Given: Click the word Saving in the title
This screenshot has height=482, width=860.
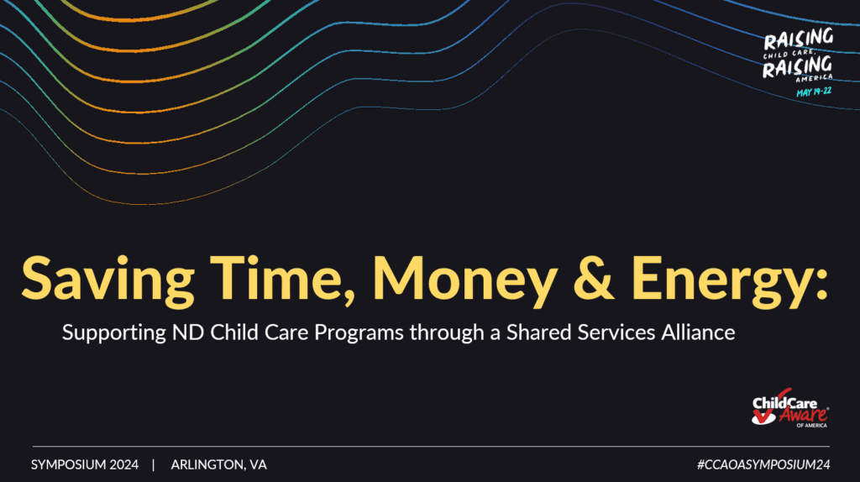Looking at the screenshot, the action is click(108, 280).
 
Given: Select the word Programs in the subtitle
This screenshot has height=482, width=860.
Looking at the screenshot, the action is click(359, 333).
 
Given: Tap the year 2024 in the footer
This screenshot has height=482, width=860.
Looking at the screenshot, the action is click(124, 465).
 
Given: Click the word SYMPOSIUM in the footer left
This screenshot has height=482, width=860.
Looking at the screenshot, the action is click(68, 465).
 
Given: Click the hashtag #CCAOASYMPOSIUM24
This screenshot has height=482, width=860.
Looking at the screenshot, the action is click(763, 465).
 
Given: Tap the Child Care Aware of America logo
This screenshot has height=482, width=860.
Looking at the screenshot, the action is click(790, 408).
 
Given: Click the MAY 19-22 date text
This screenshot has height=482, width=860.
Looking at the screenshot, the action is click(814, 92).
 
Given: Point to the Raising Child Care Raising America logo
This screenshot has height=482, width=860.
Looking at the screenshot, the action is click(798, 62).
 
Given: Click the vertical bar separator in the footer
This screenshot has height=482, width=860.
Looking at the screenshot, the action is click(154, 465).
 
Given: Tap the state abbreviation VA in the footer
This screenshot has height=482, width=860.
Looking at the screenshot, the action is click(259, 465).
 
